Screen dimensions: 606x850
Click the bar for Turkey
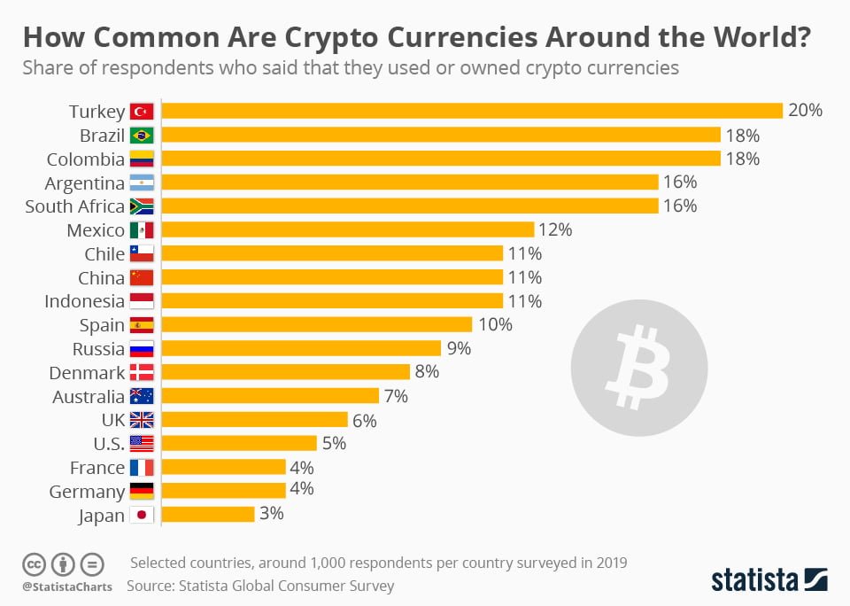(472, 111)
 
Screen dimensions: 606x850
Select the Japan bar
(208, 514)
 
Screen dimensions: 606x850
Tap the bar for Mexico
(347, 230)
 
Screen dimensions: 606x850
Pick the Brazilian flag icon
(142, 136)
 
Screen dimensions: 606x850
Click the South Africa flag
(142, 206)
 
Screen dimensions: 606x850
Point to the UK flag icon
(142, 420)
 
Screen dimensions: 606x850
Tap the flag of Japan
(142, 515)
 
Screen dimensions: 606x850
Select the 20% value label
(806, 111)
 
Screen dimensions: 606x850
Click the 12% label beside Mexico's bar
(556, 230)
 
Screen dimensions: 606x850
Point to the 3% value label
(270, 514)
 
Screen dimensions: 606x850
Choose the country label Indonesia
(84, 301)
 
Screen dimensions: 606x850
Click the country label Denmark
(87, 372)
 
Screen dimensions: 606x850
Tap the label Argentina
(85, 183)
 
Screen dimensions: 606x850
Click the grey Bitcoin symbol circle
(639, 367)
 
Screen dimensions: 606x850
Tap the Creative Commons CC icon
(34, 563)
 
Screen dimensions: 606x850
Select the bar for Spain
(316, 324)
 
